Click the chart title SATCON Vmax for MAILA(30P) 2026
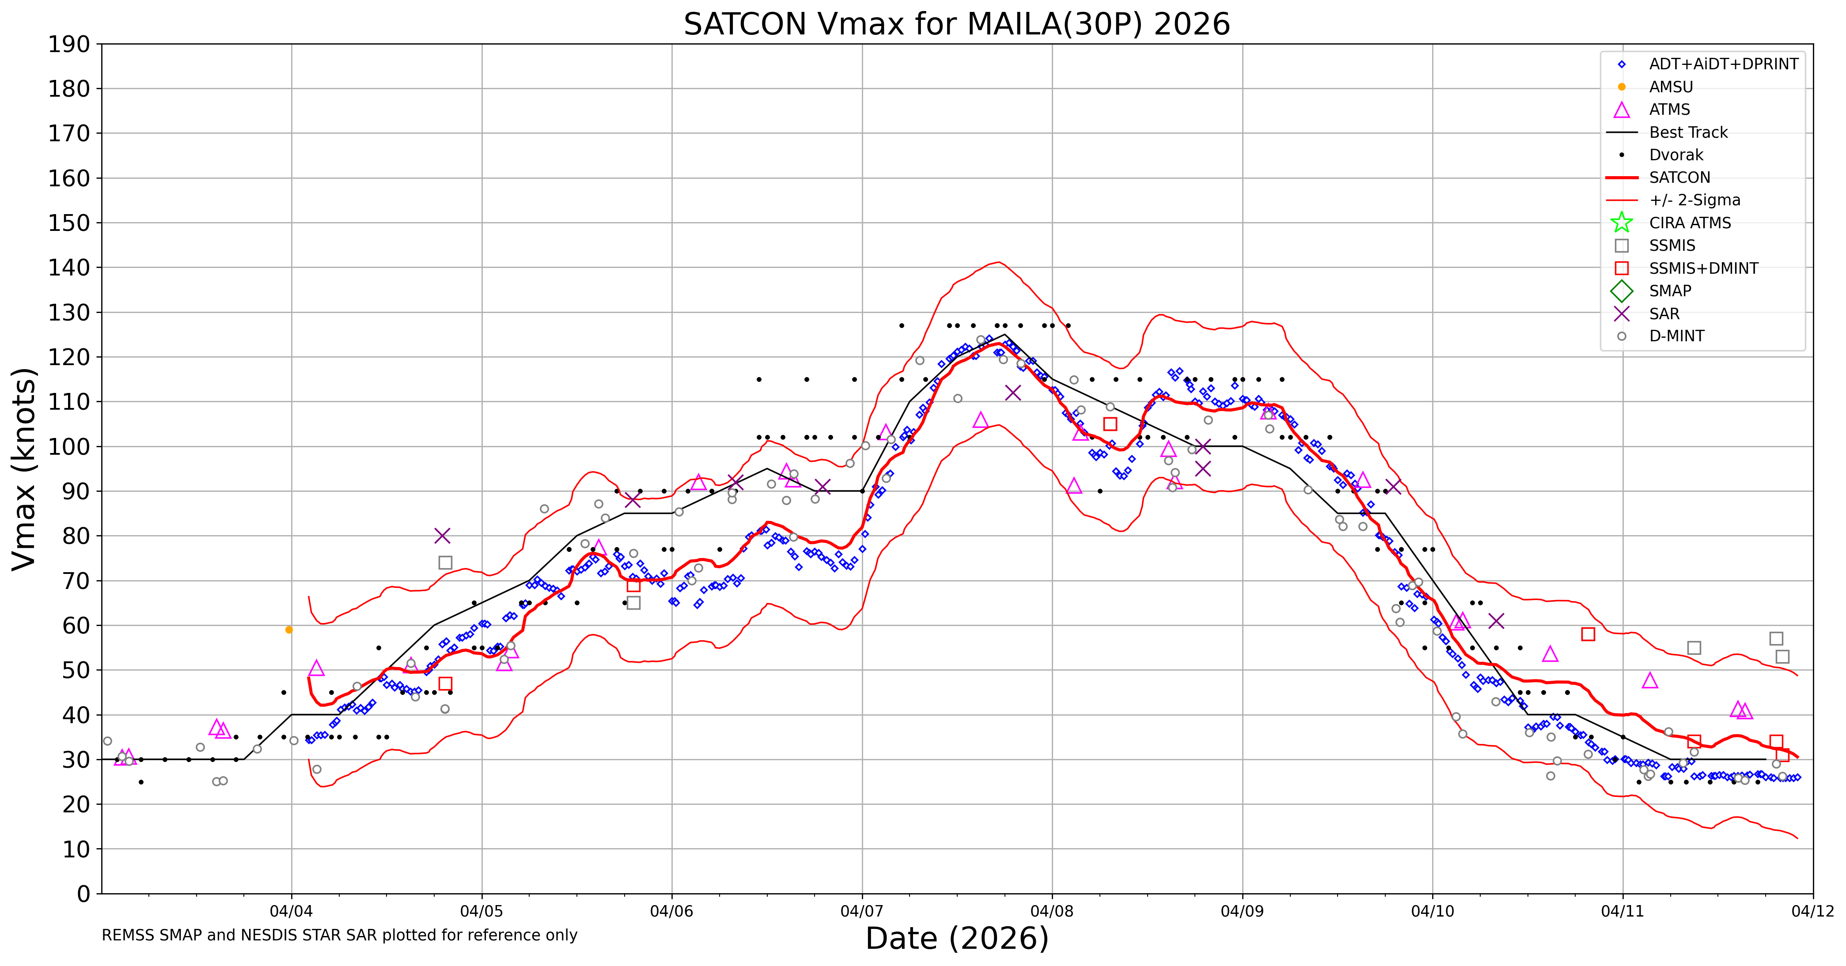957,24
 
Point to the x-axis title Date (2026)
957,938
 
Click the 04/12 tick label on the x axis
1812,912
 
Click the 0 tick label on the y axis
84,894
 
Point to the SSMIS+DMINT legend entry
1703,268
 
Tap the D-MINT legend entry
1676,336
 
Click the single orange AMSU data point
289,630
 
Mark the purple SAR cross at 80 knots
442,536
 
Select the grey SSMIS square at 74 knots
445,563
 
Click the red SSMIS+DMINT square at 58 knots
1588,634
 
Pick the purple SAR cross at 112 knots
1012,392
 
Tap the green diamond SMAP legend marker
1622,291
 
